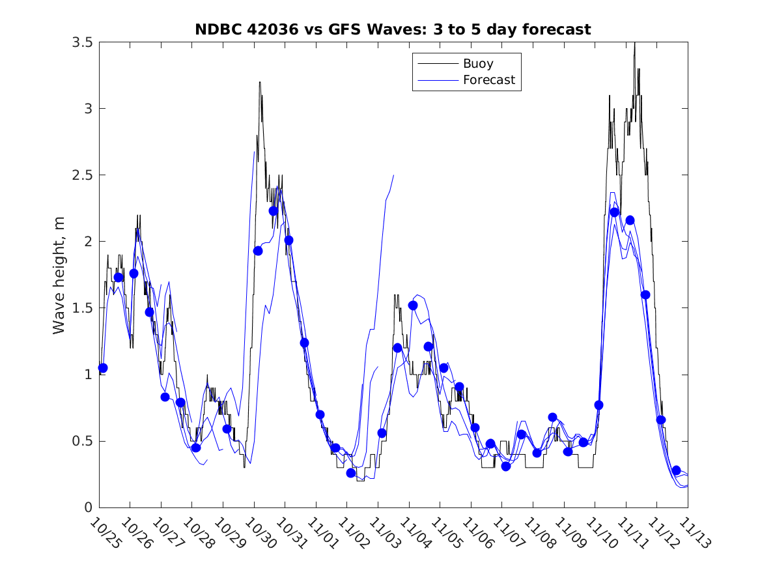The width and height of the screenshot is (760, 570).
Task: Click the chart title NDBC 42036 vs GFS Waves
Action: tap(393, 29)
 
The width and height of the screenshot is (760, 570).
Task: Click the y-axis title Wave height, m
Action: tap(59, 275)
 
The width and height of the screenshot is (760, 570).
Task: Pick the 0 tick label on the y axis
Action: tap(88, 507)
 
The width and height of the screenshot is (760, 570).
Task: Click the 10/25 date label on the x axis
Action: tap(104, 533)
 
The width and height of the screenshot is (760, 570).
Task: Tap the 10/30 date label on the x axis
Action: tap(259, 533)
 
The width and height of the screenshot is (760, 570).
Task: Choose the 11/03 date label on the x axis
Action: tap(383, 533)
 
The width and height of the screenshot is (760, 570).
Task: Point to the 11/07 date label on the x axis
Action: tap(507, 533)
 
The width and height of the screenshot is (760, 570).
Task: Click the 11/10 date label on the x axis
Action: tap(600, 533)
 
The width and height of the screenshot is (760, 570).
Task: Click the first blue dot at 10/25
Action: tap(102, 368)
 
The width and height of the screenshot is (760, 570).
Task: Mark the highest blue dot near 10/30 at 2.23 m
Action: tap(274, 211)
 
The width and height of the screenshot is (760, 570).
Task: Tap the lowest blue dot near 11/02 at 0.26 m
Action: tap(351, 473)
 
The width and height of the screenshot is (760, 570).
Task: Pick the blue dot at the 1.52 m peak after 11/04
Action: tap(413, 306)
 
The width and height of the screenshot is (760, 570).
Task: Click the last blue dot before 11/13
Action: tap(676, 470)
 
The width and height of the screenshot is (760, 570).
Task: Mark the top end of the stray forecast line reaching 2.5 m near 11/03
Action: tap(393, 175)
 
